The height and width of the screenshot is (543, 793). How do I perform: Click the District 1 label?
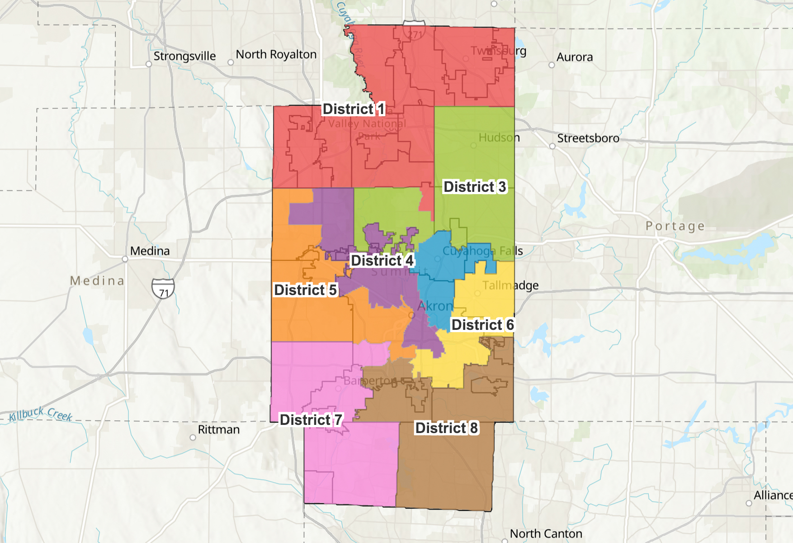tap(353, 109)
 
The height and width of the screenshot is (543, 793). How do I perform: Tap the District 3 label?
tap(474, 187)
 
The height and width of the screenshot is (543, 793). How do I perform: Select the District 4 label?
tap(382, 261)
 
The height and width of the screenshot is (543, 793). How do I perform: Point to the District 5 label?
tap(305, 290)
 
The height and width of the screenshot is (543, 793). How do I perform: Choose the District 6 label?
tap(482, 325)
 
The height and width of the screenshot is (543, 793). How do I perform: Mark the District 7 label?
tap(311, 420)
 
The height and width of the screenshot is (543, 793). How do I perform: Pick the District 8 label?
tap(446, 428)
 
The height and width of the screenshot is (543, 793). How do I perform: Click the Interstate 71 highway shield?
tap(163, 289)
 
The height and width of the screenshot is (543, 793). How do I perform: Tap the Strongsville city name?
tap(184, 56)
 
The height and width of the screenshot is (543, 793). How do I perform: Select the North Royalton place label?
tap(276, 54)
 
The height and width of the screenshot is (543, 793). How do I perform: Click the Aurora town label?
tap(574, 57)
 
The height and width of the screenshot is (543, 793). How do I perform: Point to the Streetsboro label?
tap(588, 138)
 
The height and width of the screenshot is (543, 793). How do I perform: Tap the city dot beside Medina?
tap(125, 259)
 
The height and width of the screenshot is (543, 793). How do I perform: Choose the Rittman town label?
tap(218, 429)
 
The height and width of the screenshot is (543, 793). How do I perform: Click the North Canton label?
tap(546, 534)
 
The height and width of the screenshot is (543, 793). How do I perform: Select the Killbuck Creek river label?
tap(41, 414)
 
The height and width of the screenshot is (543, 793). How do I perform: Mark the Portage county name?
tap(675, 226)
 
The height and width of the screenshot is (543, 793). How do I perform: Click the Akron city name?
tap(435, 306)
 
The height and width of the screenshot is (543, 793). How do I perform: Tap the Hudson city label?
tap(499, 138)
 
